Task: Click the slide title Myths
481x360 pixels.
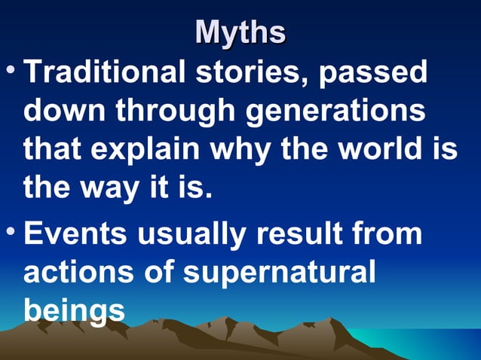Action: pos(240,32)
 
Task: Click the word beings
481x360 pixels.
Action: pos(74,310)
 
